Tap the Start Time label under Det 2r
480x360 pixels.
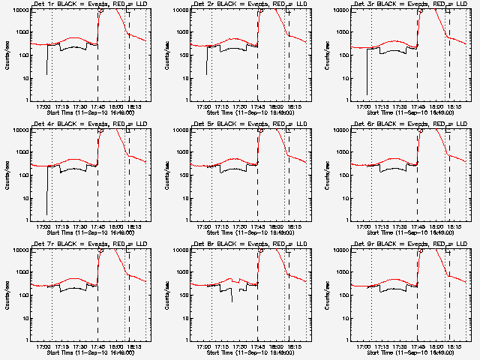point(251,112)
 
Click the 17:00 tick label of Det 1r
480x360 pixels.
point(43,106)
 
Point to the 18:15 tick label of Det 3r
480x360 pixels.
point(454,106)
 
